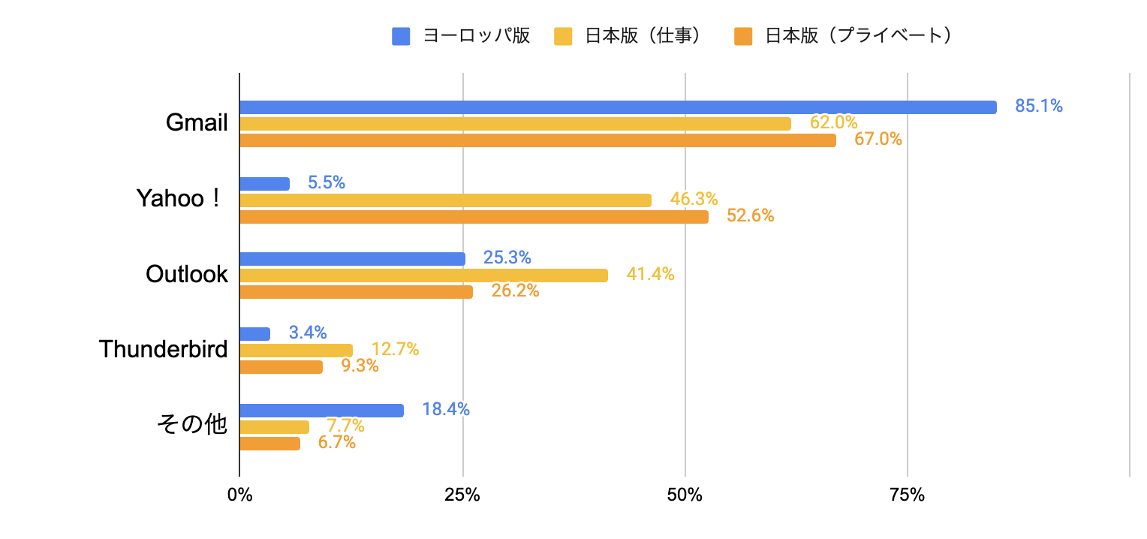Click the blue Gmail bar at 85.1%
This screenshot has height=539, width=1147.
click(x=618, y=107)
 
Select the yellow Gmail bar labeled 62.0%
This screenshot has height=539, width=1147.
click(x=515, y=124)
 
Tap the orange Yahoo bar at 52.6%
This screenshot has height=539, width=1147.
click(x=474, y=217)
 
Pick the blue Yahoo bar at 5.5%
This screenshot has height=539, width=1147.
click(x=264, y=184)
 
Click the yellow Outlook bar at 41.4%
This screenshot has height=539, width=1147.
click(x=423, y=276)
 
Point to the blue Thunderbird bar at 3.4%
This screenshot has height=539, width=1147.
click(x=254, y=334)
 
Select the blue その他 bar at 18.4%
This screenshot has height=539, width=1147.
click(x=321, y=411)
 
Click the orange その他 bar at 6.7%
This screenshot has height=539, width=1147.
click(x=269, y=444)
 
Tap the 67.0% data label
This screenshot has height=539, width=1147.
click(x=878, y=140)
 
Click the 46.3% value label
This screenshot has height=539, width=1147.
click(x=694, y=200)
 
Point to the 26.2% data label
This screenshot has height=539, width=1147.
click(x=515, y=291)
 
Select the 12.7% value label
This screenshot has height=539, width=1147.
click(x=395, y=349)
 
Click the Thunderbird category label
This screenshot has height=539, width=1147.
click(x=163, y=349)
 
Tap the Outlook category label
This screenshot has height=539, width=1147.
click(x=186, y=275)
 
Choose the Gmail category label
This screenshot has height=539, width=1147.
click(x=197, y=123)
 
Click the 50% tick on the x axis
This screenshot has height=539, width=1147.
click(x=685, y=495)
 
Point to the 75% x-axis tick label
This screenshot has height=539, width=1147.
click(x=907, y=495)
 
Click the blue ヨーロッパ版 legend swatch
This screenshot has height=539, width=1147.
click(x=401, y=36)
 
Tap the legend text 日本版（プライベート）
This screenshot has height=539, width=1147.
click(x=859, y=36)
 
